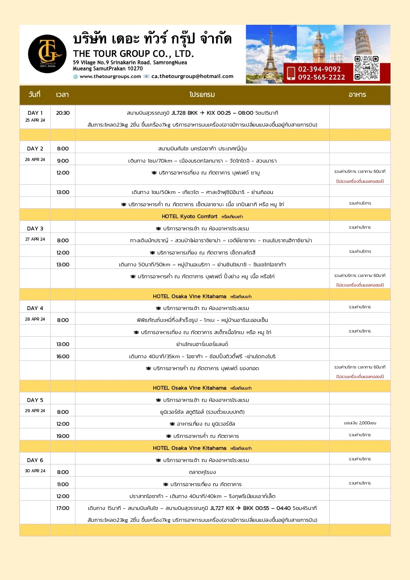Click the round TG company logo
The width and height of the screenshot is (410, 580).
(x=47, y=54)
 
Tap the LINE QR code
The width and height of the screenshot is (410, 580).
(x=366, y=68)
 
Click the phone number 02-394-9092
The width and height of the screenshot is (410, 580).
(x=319, y=69)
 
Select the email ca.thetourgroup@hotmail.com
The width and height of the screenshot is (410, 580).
(x=192, y=76)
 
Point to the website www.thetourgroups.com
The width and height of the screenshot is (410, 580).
(x=110, y=76)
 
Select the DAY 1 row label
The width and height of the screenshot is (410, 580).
(x=35, y=113)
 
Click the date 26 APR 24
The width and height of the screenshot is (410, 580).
(x=35, y=160)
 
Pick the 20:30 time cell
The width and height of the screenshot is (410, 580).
(x=63, y=113)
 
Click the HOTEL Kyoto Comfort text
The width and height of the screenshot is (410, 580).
(x=189, y=216)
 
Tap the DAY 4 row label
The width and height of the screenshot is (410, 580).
(x=35, y=308)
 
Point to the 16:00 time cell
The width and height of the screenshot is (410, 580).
(x=63, y=356)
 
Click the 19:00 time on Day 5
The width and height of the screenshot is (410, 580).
(x=63, y=436)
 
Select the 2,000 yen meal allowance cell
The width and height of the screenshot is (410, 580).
(x=360, y=423)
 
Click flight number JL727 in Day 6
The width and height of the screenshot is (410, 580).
(x=217, y=508)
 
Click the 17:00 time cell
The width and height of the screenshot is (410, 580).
(x=63, y=508)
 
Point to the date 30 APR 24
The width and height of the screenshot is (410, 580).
(x=35, y=471)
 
